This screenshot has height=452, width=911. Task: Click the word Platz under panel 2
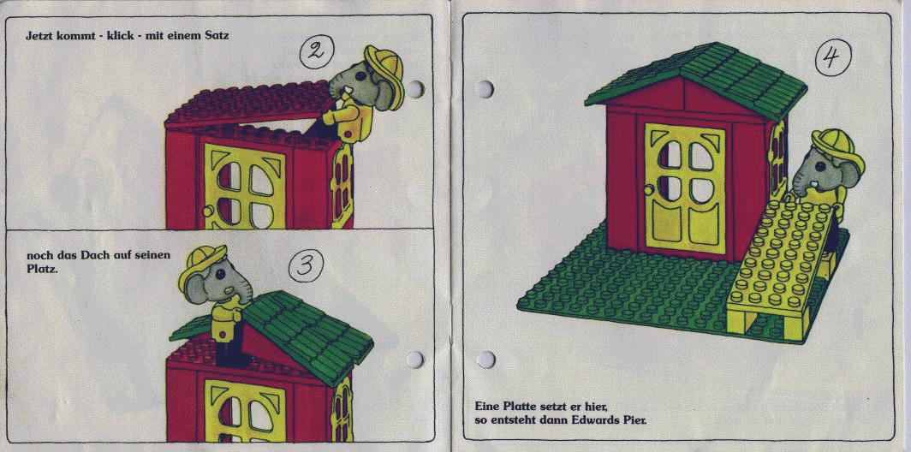(x=41, y=270)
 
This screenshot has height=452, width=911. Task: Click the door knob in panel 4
(x=648, y=190)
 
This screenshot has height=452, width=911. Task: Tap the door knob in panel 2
(x=207, y=211)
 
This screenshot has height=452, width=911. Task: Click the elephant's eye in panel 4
(x=819, y=167)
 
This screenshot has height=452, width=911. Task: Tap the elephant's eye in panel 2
(x=360, y=75)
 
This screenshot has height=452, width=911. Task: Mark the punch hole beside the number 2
(x=414, y=89)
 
